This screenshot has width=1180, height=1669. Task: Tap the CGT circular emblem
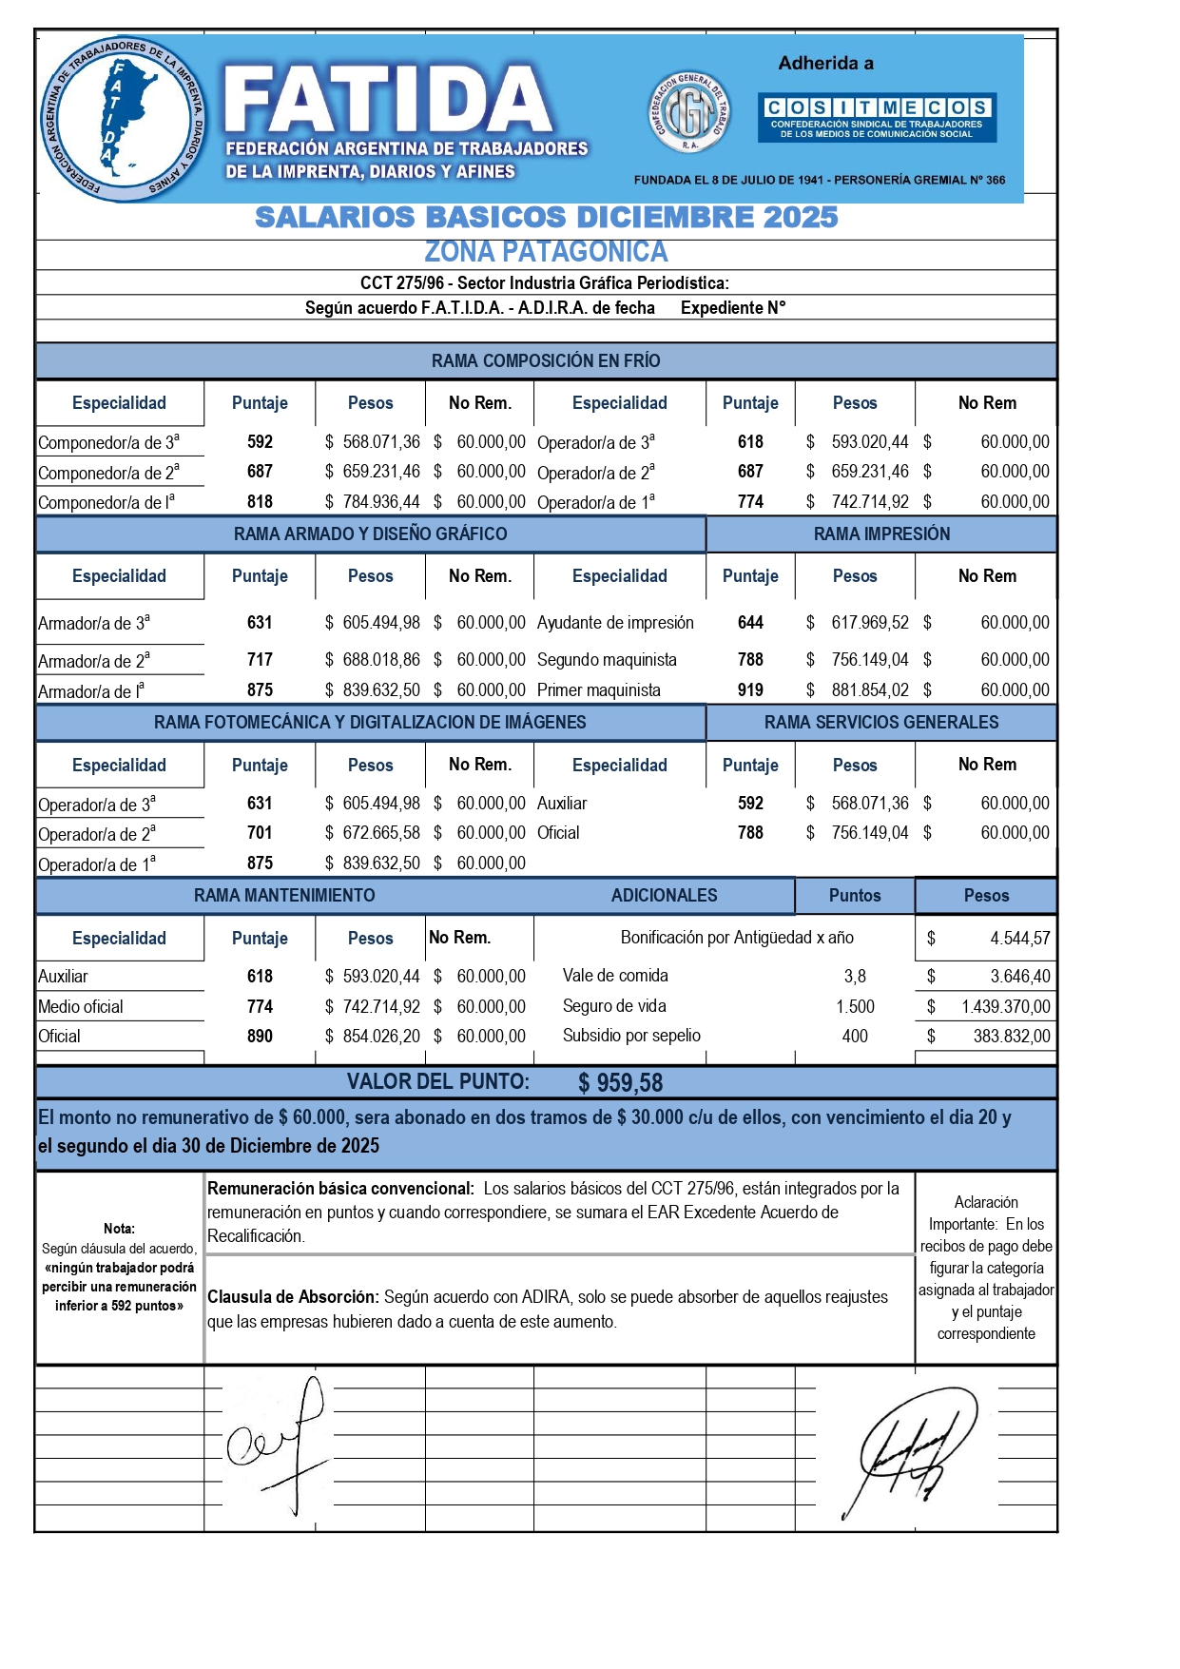click(x=689, y=114)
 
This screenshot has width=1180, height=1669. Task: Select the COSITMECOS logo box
click(x=877, y=118)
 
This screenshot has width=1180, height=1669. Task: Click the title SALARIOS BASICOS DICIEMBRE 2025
click(x=546, y=218)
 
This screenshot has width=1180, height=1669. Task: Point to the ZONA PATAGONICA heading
click(x=546, y=252)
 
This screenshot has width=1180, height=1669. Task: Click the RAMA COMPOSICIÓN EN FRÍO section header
click(x=546, y=360)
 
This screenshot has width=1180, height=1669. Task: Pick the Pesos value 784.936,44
click(x=380, y=502)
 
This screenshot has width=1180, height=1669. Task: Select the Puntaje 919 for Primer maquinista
click(x=750, y=690)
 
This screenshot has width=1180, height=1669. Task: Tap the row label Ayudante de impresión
click(x=615, y=623)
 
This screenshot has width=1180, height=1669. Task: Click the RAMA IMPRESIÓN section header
click(x=881, y=534)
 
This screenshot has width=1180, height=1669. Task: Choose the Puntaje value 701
click(x=260, y=833)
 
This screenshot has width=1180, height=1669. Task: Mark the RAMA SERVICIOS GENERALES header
click(x=881, y=723)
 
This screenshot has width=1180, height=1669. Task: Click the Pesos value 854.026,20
click(x=380, y=1037)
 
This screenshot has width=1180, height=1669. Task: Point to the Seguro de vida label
click(x=614, y=1006)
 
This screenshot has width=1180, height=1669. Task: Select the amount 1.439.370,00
click(x=1005, y=1007)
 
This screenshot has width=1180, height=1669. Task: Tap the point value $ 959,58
click(x=621, y=1083)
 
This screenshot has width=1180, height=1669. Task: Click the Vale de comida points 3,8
click(x=855, y=977)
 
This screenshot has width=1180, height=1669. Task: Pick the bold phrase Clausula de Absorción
click(x=293, y=1297)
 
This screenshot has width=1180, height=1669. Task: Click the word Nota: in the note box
click(x=119, y=1229)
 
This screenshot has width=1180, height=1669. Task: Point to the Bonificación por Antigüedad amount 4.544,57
click(x=1019, y=939)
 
